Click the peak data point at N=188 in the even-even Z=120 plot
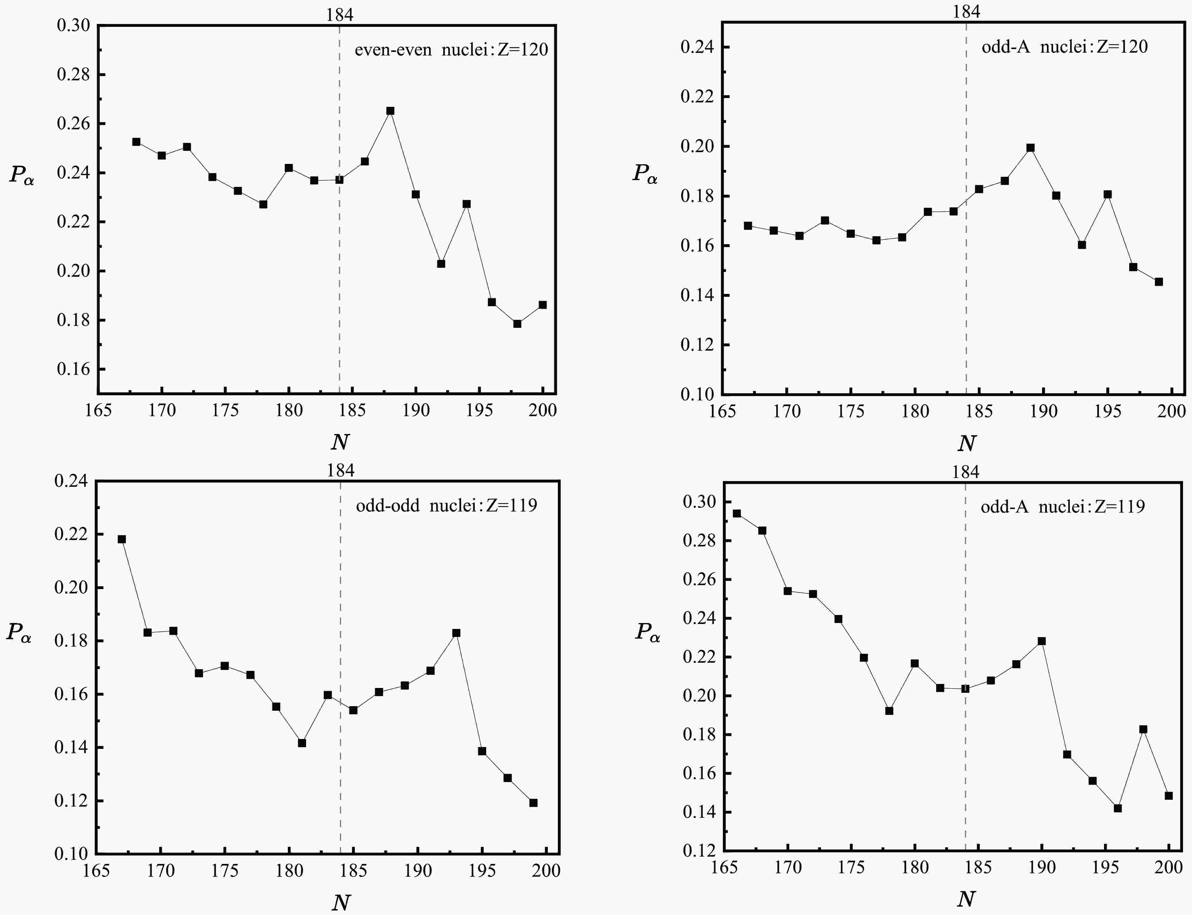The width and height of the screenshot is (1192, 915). click(x=390, y=111)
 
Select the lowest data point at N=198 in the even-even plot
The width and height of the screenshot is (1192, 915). click(x=517, y=324)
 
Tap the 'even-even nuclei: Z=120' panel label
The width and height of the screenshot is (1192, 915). click(x=451, y=50)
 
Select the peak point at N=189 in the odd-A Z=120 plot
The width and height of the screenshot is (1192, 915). click(x=1030, y=147)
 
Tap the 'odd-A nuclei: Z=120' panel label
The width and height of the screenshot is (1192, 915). click(x=1065, y=47)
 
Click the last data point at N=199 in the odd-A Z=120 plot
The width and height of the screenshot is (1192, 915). click(x=1159, y=281)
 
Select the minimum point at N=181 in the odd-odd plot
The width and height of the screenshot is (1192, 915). click(x=302, y=743)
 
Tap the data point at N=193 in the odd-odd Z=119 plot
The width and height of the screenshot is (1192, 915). click(x=456, y=633)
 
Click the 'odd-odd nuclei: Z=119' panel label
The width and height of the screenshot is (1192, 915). click(x=446, y=506)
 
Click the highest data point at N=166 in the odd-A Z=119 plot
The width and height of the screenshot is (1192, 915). click(x=737, y=513)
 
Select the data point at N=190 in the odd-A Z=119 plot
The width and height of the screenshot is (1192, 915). click(x=1042, y=641)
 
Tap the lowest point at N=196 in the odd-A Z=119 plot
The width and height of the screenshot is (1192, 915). click(x=1118, y=808)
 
